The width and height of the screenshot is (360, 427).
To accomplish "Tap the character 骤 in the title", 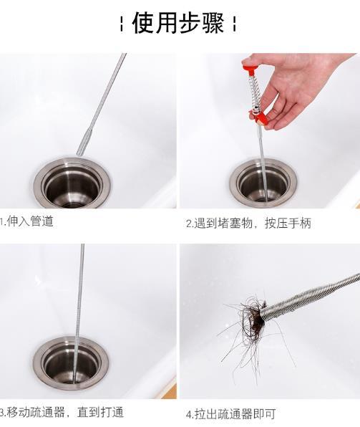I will coord(213,24).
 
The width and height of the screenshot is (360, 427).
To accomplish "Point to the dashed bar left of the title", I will coord(122,25).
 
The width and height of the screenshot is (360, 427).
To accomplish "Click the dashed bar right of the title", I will coord(235,25).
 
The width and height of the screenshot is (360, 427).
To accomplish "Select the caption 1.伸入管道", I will coord(27,221).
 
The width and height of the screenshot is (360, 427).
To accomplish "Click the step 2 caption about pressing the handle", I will coord(248,223).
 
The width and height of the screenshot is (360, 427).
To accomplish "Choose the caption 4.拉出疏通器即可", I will coord(230,413).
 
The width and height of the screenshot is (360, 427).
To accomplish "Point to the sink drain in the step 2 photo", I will coord(261,183).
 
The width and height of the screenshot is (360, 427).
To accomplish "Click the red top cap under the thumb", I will coord(249,68).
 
